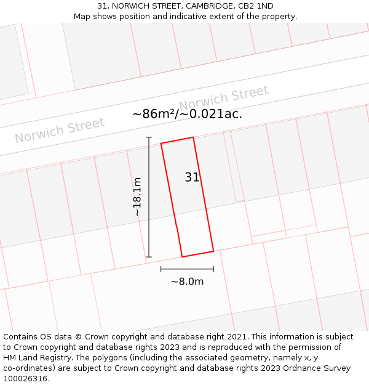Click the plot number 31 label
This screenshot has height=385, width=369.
(192, 177)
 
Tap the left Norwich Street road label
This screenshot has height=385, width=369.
(60, 130)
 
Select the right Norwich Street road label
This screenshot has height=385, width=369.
(224, 99)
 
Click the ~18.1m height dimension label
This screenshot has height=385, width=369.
(137, 197)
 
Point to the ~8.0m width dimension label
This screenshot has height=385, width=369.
(187, 282)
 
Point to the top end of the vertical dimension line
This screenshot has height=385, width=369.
(149, 137)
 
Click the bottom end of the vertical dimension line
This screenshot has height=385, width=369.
(149, 257)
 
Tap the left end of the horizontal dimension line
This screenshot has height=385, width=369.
(161, 269)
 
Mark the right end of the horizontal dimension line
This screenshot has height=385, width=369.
(213, 269)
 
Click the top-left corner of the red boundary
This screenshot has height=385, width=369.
(161, 144)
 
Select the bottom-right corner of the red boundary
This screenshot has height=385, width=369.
(213, 251)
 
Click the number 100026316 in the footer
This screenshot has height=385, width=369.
(25, 379)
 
